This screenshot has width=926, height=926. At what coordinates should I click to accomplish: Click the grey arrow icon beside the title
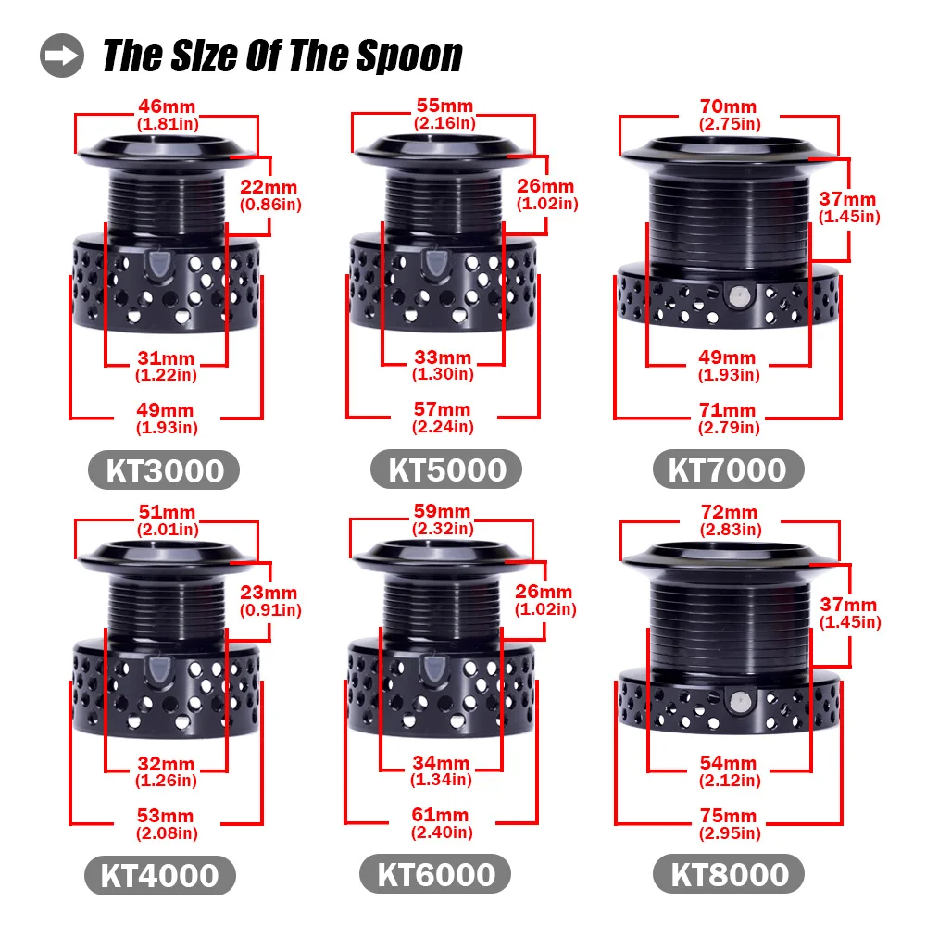[x=62, y=56]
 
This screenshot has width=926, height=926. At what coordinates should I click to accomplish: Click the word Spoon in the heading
[x=409, y=56]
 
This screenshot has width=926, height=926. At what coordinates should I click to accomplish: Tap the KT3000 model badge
[x=164, y=470]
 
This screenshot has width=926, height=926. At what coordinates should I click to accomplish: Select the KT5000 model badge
[x=446, y=469]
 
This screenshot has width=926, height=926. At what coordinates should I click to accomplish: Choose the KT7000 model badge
[x=728, y=469]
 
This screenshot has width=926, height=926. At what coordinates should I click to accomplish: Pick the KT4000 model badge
[x=160, y=875]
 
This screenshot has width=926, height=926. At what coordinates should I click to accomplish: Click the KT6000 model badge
[x=435, y=874]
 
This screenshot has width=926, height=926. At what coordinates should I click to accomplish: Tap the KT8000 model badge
[x=729, y=874]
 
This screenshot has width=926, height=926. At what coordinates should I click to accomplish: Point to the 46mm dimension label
[x=167, y=106]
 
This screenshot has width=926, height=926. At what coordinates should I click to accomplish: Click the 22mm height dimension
[x=269, y=187]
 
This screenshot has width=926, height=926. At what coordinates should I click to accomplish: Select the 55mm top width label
[x=444, y=106]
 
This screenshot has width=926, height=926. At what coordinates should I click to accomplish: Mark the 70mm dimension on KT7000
[x=728, y=106]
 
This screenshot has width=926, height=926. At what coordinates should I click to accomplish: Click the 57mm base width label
[x=443, y=409]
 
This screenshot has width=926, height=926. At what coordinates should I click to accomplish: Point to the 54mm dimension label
[x=728, y=763]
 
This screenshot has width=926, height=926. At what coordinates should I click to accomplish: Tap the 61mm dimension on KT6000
[x=441, y=815]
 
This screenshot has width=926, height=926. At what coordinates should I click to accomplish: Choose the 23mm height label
[x=269, y=593]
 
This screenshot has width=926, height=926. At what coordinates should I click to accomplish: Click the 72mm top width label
[x=730, y=512]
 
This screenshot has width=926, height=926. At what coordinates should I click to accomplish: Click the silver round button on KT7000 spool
[x=737, y=296]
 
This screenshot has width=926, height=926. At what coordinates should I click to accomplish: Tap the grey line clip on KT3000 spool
[x=158, y=263]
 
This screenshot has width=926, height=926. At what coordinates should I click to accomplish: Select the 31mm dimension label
[x=166, y=357]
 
